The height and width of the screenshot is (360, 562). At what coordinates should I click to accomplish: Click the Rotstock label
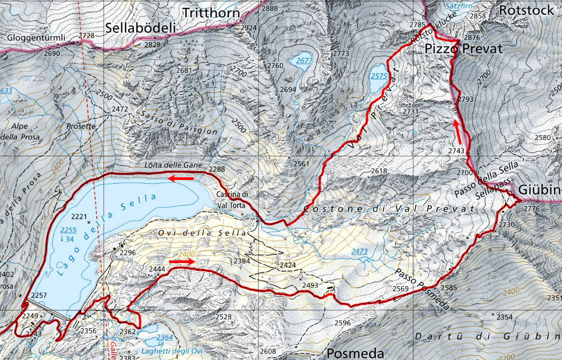pyautogui.click(x=526, y=10)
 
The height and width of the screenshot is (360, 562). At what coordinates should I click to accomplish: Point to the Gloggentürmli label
pyautogui.click(x=36, y=38)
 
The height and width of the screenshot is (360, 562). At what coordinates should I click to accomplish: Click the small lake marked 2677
pyautogui.click(x=303, y=61)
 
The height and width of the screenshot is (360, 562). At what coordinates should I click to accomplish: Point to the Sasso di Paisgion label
pyautogui.click(x=179, y=123)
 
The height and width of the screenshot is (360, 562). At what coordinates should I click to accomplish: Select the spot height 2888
pyautogui.click(x=270, y=8)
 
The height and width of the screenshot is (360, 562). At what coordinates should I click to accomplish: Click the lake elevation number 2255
pyautogui.click(x=69, y=230)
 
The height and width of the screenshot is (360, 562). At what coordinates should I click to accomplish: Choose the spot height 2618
pyautogui.click(x=378, y=171)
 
